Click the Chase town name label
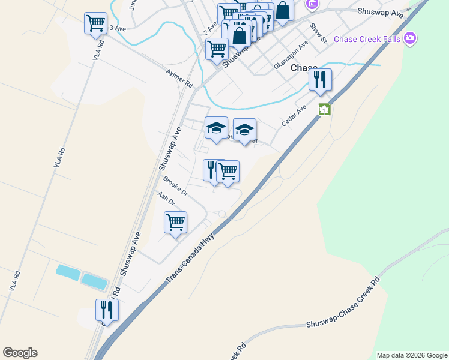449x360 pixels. pyautogui.click(x=303, y=68)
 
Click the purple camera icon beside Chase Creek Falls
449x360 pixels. pyautogui.click(x=411, y=38)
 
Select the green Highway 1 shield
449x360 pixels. pyautogui.click(x=325, y=110)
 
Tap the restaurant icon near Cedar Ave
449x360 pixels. pyautogui.click(x=320, y=79)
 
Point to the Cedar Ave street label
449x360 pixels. pyautogui.click(x=294, y=116)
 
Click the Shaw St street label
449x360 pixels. pyautogui.click(x=318, y=34)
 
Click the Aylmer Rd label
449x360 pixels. pyautogui.click(x=179, y=77)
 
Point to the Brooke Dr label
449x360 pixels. pyautogui.click(x=175, y=185)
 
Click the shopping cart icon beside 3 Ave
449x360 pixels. pyautogui.click(x=95, y=23)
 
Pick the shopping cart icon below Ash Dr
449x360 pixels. pyautogui.click(x=175, y=223)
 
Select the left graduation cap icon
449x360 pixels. pyautogui.click(x=216, y=127)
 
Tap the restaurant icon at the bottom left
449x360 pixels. pyautogui.click(x=107, y=310)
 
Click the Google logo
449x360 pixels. pyautogui.click(x=20, y=353)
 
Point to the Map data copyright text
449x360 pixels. pyautogui.click(x=412, y=355)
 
